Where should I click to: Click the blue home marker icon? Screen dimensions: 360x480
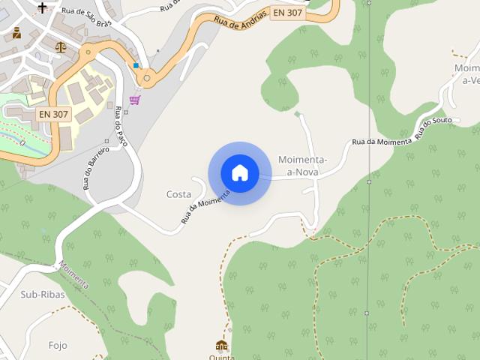click(239, 173)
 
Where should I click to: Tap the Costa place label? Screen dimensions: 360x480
click(178, 194)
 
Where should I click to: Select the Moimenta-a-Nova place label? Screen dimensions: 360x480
click(301, 166)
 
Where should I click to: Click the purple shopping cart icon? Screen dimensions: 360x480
click(135, 100)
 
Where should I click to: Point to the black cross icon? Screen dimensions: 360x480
click(42, 8)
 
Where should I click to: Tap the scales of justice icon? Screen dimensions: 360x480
click(61, 46)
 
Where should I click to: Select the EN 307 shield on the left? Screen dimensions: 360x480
click(52, 115)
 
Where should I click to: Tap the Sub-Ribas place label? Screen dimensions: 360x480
click(43, 295)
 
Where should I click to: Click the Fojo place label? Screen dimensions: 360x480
click(57, 346)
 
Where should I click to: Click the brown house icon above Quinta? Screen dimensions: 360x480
click(221, 346)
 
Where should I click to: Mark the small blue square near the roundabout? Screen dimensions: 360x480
click(136, 66)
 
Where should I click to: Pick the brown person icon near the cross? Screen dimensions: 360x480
click(16, 33)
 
